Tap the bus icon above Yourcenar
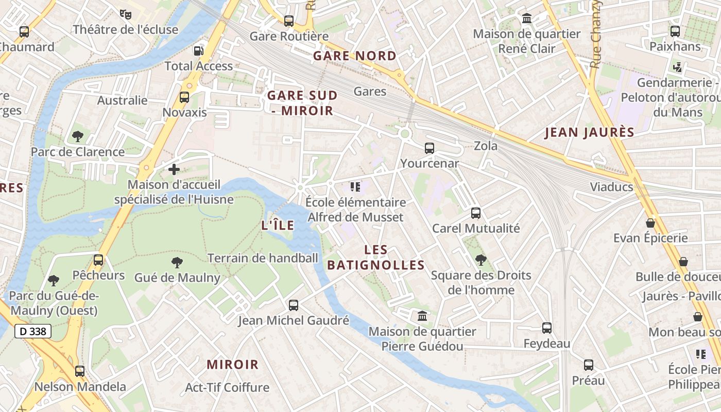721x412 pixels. (x=429, y=148)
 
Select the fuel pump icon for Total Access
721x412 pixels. (x=198, y=50)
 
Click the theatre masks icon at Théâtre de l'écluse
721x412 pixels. (x=125, y=14)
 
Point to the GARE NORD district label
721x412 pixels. (x=355, y=56)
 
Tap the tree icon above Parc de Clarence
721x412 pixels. (x=78, y=136)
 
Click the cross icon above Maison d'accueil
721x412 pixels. (x=174, y=169)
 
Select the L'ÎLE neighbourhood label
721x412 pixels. (x=278, y=225)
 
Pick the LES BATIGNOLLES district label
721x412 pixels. (x=376, y=257)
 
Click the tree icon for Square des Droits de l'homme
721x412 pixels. (x=480, y=260)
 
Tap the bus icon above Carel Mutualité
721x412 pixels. (x=476, y=213)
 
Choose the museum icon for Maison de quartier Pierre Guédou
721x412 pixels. (x=422, y=315)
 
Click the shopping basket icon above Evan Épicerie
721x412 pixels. (x=650, y=223)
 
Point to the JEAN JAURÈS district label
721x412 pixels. (x=590, y=132)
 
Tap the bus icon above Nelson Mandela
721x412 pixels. (x=80, y=371)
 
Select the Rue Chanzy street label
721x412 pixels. (x=596, y=34)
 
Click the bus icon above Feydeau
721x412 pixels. (x=547, y=328)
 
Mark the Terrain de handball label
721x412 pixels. (x=263, y=258)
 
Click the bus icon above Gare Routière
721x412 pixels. (x=289, y=21)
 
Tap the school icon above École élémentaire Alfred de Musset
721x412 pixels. (x=355, y=186)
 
